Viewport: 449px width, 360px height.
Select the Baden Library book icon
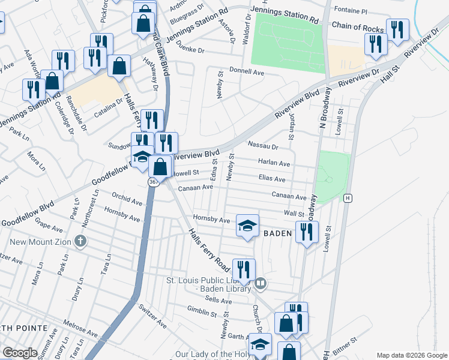[260, 283]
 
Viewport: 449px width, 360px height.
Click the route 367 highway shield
[154, 181]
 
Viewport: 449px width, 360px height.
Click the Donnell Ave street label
[250, 72]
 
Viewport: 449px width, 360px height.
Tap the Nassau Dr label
[264, 146]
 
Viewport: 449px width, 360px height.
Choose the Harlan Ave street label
[274, 163]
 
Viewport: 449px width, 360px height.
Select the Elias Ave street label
[271, 179]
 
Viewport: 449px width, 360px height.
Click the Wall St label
[294, 213]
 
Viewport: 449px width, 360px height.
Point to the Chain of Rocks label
[357, 28]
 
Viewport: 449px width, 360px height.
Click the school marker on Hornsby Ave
[247, 226]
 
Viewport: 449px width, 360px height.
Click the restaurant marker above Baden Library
[244, 269]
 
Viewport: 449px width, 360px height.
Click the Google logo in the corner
[20, 353]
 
